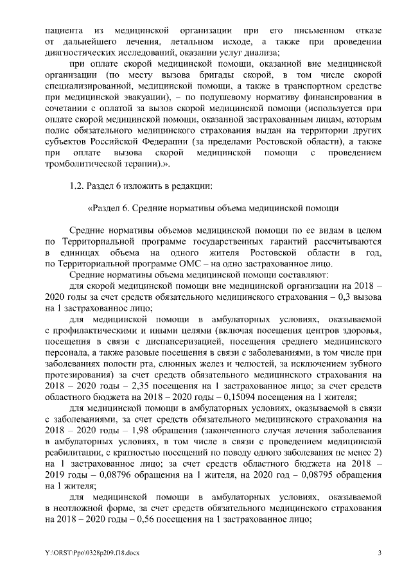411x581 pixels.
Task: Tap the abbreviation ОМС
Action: (204, 263)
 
